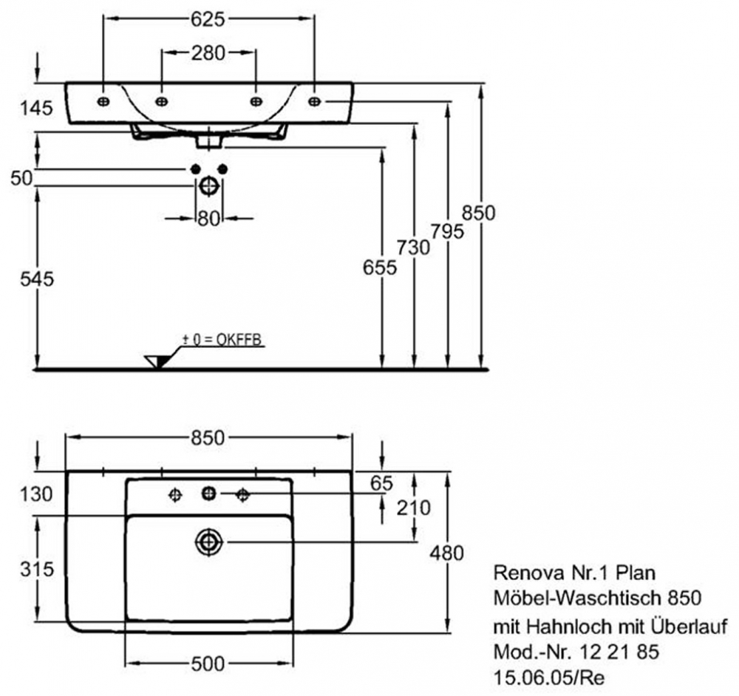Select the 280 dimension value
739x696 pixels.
(x=208, y=54)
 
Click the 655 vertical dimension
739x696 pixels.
(x=379, y=267)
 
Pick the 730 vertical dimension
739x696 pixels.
(x=412, y=248)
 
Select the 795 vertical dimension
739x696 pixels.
(x=448, y=231)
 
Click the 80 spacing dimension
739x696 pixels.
(x=208, y=218)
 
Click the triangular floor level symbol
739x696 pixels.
(x=157, y=361)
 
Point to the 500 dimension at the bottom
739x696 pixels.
(x=208, y=664)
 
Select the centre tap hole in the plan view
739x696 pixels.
(x=208, y=493)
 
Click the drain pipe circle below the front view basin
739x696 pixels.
(x=209, y=186)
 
